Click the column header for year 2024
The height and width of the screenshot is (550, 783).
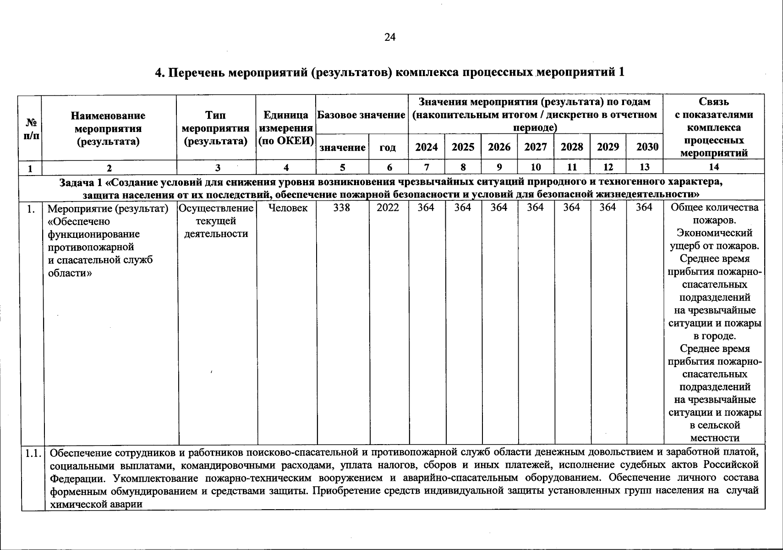tap(426, 147)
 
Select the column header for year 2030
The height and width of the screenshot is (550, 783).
tap(647, 147)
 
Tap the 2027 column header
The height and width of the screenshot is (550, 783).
tap(536, 147)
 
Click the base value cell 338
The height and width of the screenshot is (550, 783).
tap(342, 208)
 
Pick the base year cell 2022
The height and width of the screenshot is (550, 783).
tap(388, 208)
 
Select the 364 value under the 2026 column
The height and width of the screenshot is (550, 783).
tap(499, 208)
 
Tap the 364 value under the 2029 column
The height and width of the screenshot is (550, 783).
tap(608, 208)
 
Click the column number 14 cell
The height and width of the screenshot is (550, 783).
tap(714, 167)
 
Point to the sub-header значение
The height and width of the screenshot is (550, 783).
tap(342, 148)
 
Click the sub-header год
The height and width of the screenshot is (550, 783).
tap(388, 148)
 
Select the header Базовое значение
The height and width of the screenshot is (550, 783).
tap(361, 115)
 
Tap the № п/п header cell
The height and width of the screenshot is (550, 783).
tap(31, 129)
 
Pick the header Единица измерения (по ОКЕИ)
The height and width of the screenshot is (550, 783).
tap(286, 128)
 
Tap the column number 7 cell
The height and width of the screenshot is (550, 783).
tap(426, 167)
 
